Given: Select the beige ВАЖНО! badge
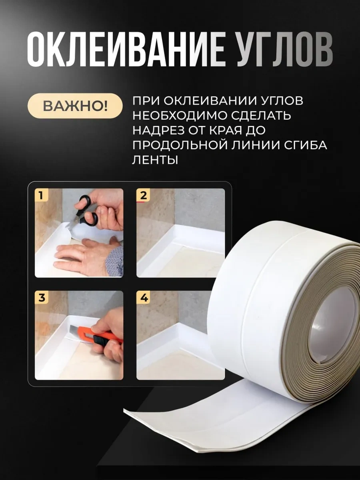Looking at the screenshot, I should click(75, 106).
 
